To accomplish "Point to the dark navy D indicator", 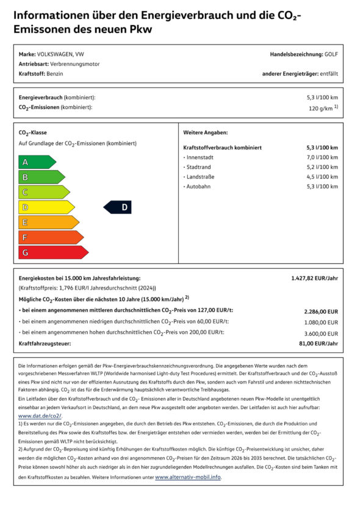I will [118, 207].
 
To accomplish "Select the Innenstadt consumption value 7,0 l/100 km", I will [322, 157].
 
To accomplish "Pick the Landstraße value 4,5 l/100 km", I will [322, 177].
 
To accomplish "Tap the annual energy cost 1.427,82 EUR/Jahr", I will [314, 278].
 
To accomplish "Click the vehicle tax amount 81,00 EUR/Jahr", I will [319, 344].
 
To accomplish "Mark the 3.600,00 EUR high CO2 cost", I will [321, 333].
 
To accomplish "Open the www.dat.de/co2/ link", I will [40, 415].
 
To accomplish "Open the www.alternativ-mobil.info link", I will [188, 477].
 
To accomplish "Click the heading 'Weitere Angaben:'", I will [205, 132].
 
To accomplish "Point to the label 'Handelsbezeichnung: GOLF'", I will [303, 54].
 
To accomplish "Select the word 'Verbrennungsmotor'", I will [76, 64].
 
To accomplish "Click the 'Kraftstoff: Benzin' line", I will [41, 74].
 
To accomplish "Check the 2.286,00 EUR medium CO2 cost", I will [321, 311].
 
